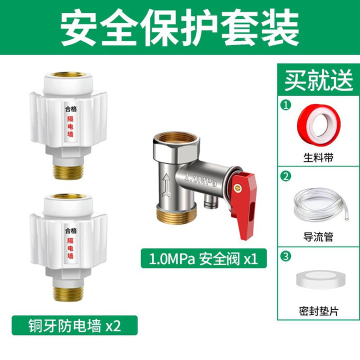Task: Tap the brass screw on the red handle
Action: [x=238, y=188]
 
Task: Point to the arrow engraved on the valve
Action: [x=166, y=185]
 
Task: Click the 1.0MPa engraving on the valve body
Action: [x=200, y=180]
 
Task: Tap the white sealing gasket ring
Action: [x=320, y=279]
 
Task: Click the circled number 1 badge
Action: [x=286, y=105]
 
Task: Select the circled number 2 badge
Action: [x=286, y=176]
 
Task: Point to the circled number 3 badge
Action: [x=286, y=256]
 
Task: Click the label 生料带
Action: [x=318, y=157]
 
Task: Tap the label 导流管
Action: [x=318, y=236]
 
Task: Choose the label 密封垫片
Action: [x=318, y=311]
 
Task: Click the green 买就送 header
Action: [x=318, y=79]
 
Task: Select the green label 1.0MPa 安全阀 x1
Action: [x=203, y=258]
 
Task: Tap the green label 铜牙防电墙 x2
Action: [x=74, y=325]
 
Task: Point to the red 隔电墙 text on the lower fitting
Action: [x=70, y=248]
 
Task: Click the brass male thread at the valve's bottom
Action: [x=176, y=214]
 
